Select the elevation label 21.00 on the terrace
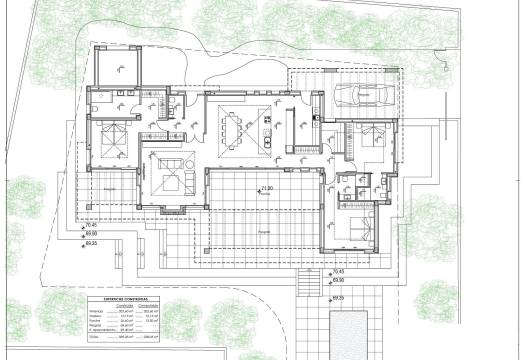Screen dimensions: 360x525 tap(266, 189)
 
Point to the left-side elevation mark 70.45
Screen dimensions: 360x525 tap(91, 226)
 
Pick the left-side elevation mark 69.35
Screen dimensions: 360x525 tap(91, 242)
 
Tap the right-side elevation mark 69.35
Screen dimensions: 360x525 tap(338, 297)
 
